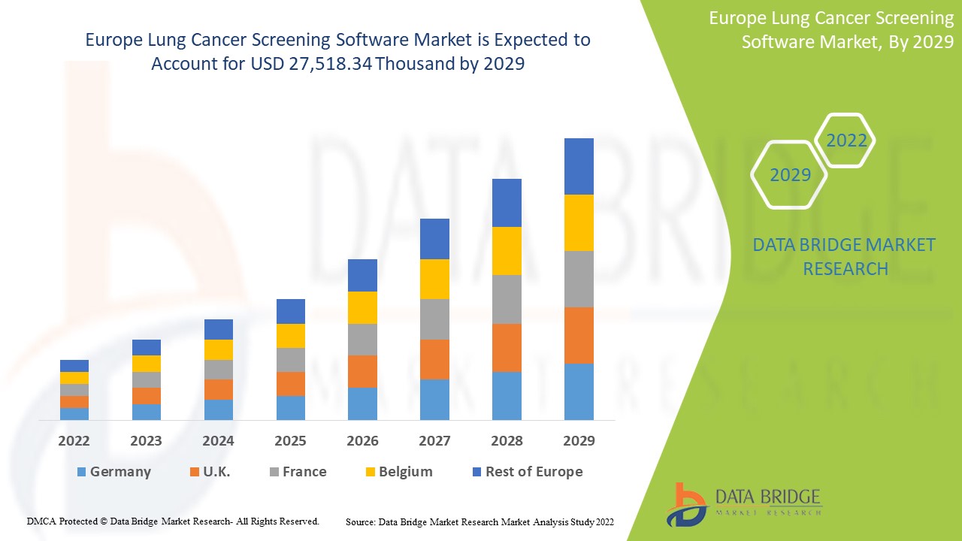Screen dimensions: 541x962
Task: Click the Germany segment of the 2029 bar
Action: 579,391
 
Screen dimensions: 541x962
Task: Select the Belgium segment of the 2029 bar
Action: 579,222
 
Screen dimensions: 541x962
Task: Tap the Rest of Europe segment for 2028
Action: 507,203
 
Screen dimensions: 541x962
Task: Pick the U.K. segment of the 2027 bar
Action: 434,359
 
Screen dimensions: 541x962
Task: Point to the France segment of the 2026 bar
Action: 362,340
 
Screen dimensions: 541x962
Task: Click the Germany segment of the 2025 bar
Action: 291,407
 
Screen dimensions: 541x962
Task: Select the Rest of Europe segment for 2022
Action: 74,366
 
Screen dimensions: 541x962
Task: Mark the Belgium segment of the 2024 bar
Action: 219,349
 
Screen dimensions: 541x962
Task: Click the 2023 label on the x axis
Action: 147,441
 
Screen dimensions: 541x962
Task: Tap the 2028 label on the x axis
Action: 507,441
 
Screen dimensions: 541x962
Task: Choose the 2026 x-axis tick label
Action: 362,441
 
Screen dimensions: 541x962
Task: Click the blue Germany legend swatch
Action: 81,472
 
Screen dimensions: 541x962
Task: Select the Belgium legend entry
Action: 405,472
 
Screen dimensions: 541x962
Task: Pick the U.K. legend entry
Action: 216,472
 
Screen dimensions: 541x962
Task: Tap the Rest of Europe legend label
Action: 534,472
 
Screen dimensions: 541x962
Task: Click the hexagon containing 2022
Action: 846,141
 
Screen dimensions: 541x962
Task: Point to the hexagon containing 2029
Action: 790,175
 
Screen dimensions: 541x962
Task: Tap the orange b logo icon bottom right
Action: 686,503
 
